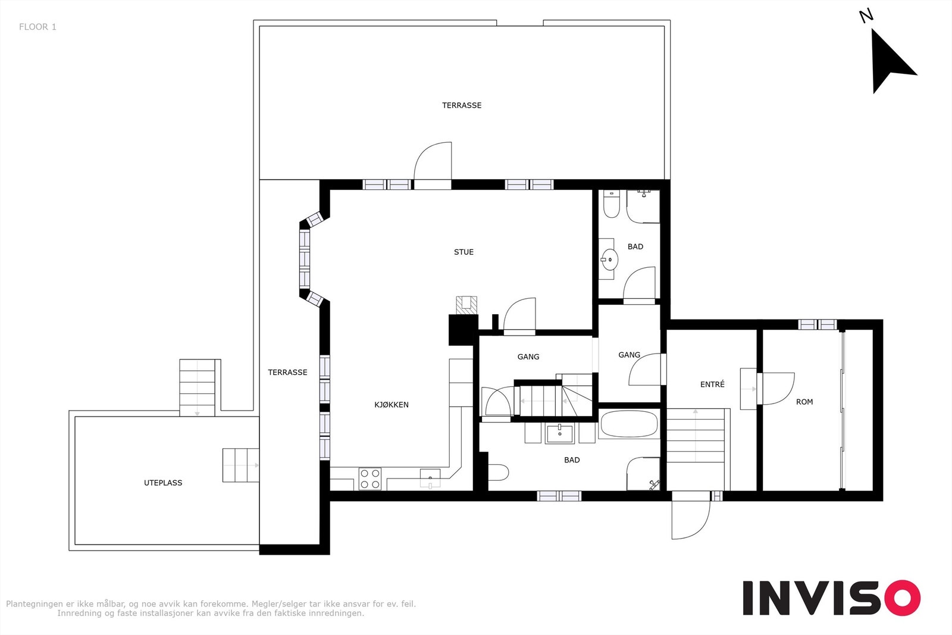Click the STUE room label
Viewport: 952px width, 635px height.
[x=464, y=252]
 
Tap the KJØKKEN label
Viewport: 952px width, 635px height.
[x=392, y=405]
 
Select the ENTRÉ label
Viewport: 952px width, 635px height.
[x=712, y=384]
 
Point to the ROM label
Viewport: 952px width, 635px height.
[x=804, y=402]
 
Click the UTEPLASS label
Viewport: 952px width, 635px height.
[x=163, y=483]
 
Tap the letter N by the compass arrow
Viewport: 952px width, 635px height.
[x=866, y=15]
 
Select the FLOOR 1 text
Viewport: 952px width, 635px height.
[x=37, y=27]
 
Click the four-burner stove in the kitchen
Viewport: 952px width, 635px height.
[x=369, y=478]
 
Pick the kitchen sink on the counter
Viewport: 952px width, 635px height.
[x=430, y=478]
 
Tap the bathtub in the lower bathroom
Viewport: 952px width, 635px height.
[x=629, y=424]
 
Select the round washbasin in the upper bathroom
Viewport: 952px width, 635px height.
[x=609, y=259]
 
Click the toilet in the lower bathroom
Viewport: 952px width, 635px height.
[x=498, y=473]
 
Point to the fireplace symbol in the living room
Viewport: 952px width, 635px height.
[x=466, y=305]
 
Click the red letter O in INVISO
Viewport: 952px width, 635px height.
[x=902, y=598]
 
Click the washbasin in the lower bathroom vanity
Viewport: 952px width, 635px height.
[x=560, y=433]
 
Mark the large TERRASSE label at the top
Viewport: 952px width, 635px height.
[x=462, y=105]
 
